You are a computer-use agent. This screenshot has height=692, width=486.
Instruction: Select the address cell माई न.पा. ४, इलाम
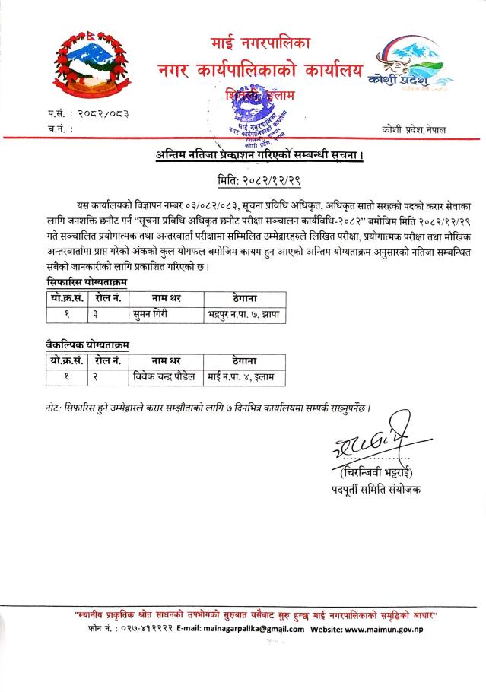[x=240, y=375]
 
